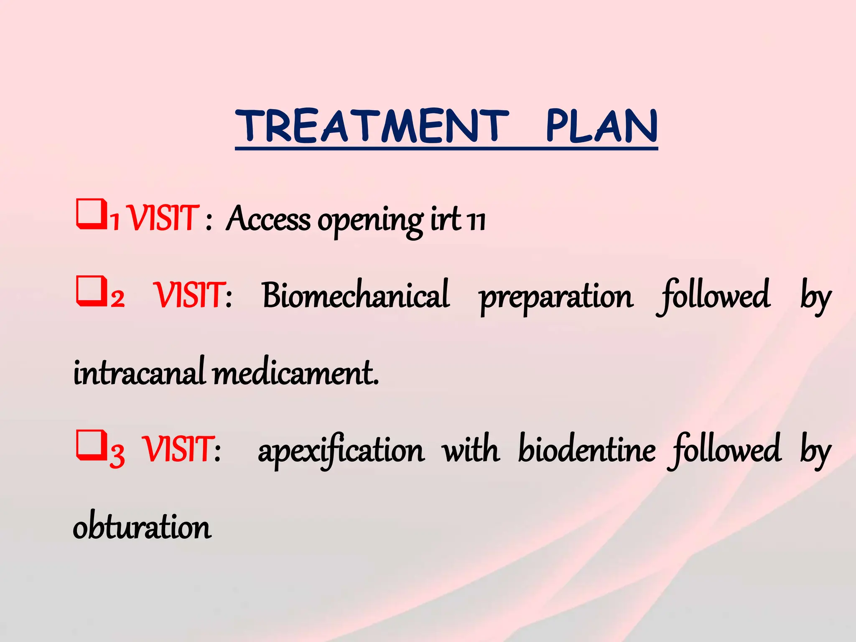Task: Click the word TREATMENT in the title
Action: pyautogui.click(x=372, y=126)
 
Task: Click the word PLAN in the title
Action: pyautogui.click(x=602, y=126)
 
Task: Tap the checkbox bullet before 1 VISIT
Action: pyautogui.click(x=91, y=214)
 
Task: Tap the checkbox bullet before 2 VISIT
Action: pyautogui.click(x=91, y=291)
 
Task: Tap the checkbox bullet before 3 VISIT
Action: pyautogui.click(x=91, y=445)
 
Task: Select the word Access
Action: pyautogui.click(x=268, y=219)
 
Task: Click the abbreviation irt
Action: pyautogui.click(x=446, y=219)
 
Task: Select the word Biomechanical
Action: pyautogui.click(x=356, y=295)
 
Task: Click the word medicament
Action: pyautogui.click(x=296, y=372)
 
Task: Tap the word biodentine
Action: pyautogui.click(x=587, y=450)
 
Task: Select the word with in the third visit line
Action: pyautogui.click(x=471, y=450)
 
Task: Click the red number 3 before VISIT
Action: pyautogui.click(x=117, y=455)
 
